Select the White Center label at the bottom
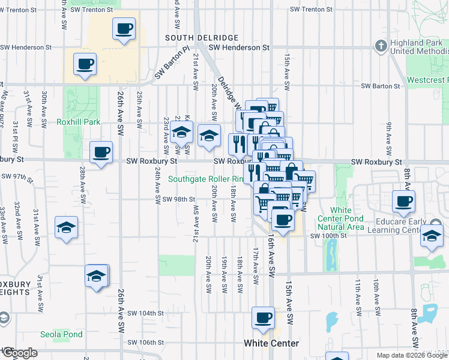(x=271, y=343)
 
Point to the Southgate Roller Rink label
(x=205, y=179)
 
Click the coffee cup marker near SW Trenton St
(x=124, y=29)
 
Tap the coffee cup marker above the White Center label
(x=262, y=319)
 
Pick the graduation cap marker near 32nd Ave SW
(x=67, y=228)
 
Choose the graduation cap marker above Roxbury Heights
(x=96, y=277)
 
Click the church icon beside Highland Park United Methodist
(x=380, y=46)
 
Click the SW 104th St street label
(x=146, y=313)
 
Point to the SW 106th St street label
(x=146, y=343)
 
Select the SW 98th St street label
(x=178, y=199)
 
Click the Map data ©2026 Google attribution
(x=411, y=355)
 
